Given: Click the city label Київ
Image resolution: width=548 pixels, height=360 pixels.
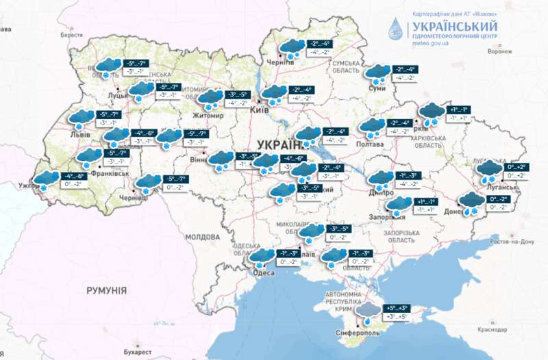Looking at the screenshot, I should [258, 109].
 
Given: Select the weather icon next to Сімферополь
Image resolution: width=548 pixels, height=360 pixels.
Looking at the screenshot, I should [370, 313].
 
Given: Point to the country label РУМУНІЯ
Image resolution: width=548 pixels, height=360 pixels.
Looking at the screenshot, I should [106, 291].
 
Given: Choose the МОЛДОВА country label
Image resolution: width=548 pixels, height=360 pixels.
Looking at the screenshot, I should [201, 236].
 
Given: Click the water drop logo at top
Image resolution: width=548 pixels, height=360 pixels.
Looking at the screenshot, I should [397, 29].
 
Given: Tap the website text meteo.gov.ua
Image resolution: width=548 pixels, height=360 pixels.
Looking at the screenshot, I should [430, 42].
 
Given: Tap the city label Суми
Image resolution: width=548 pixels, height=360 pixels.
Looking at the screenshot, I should [375, 88].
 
